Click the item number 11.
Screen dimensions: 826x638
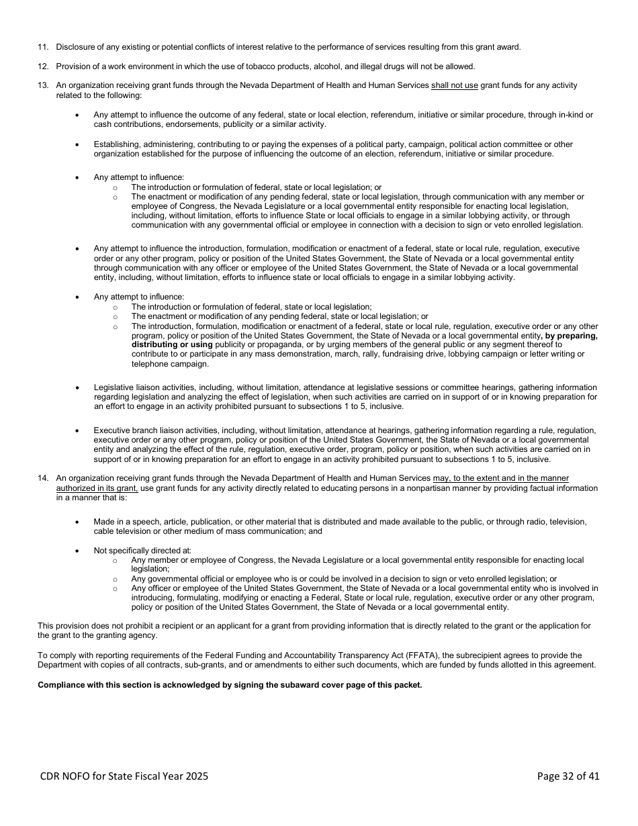point(42,47)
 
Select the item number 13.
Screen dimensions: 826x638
point(42,86)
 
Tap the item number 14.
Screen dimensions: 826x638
point(42,479)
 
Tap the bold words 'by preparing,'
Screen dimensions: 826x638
point(571,336)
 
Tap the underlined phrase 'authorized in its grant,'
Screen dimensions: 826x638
point(97,488)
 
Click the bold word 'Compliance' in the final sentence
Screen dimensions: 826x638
point(60,686)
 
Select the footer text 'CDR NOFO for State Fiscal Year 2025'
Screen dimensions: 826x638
point(124,776)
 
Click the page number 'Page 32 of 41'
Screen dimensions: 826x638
point(568,776)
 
